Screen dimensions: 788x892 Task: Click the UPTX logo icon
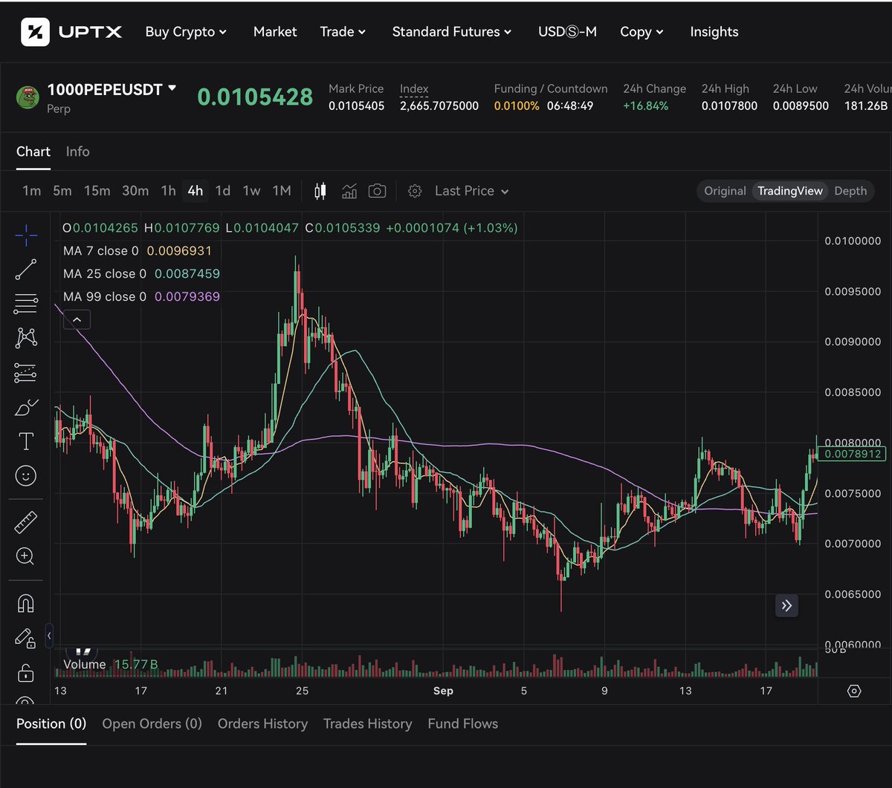[x=35, y=32]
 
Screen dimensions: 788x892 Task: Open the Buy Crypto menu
[x=186, y=32]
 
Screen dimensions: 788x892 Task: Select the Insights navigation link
[x=714, y=32]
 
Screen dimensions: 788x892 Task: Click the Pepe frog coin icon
[x=28, y=97]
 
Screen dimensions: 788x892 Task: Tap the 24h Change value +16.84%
[x=645, y=106]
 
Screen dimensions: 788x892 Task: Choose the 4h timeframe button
[x=195, y=191]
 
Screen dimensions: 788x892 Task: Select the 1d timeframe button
[x=222, y=191]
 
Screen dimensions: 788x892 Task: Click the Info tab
[x=77, y=152]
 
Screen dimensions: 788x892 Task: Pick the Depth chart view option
[x=850, y=191]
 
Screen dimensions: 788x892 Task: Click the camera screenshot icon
[x=377, y=191]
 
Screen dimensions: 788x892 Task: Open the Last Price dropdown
[x=471, y=191]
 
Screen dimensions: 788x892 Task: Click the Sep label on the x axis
[x=443, y=691]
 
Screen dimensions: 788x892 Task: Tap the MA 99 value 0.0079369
[x=187, y=296]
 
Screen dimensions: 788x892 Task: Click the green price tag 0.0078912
[x=853, y=454]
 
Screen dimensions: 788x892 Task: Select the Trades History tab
[x=367, y=723]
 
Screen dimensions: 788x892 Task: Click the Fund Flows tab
[x=462, y=723]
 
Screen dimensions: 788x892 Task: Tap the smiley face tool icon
[x=26, y=476]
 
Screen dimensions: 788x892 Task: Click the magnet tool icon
[x=26, y=604]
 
